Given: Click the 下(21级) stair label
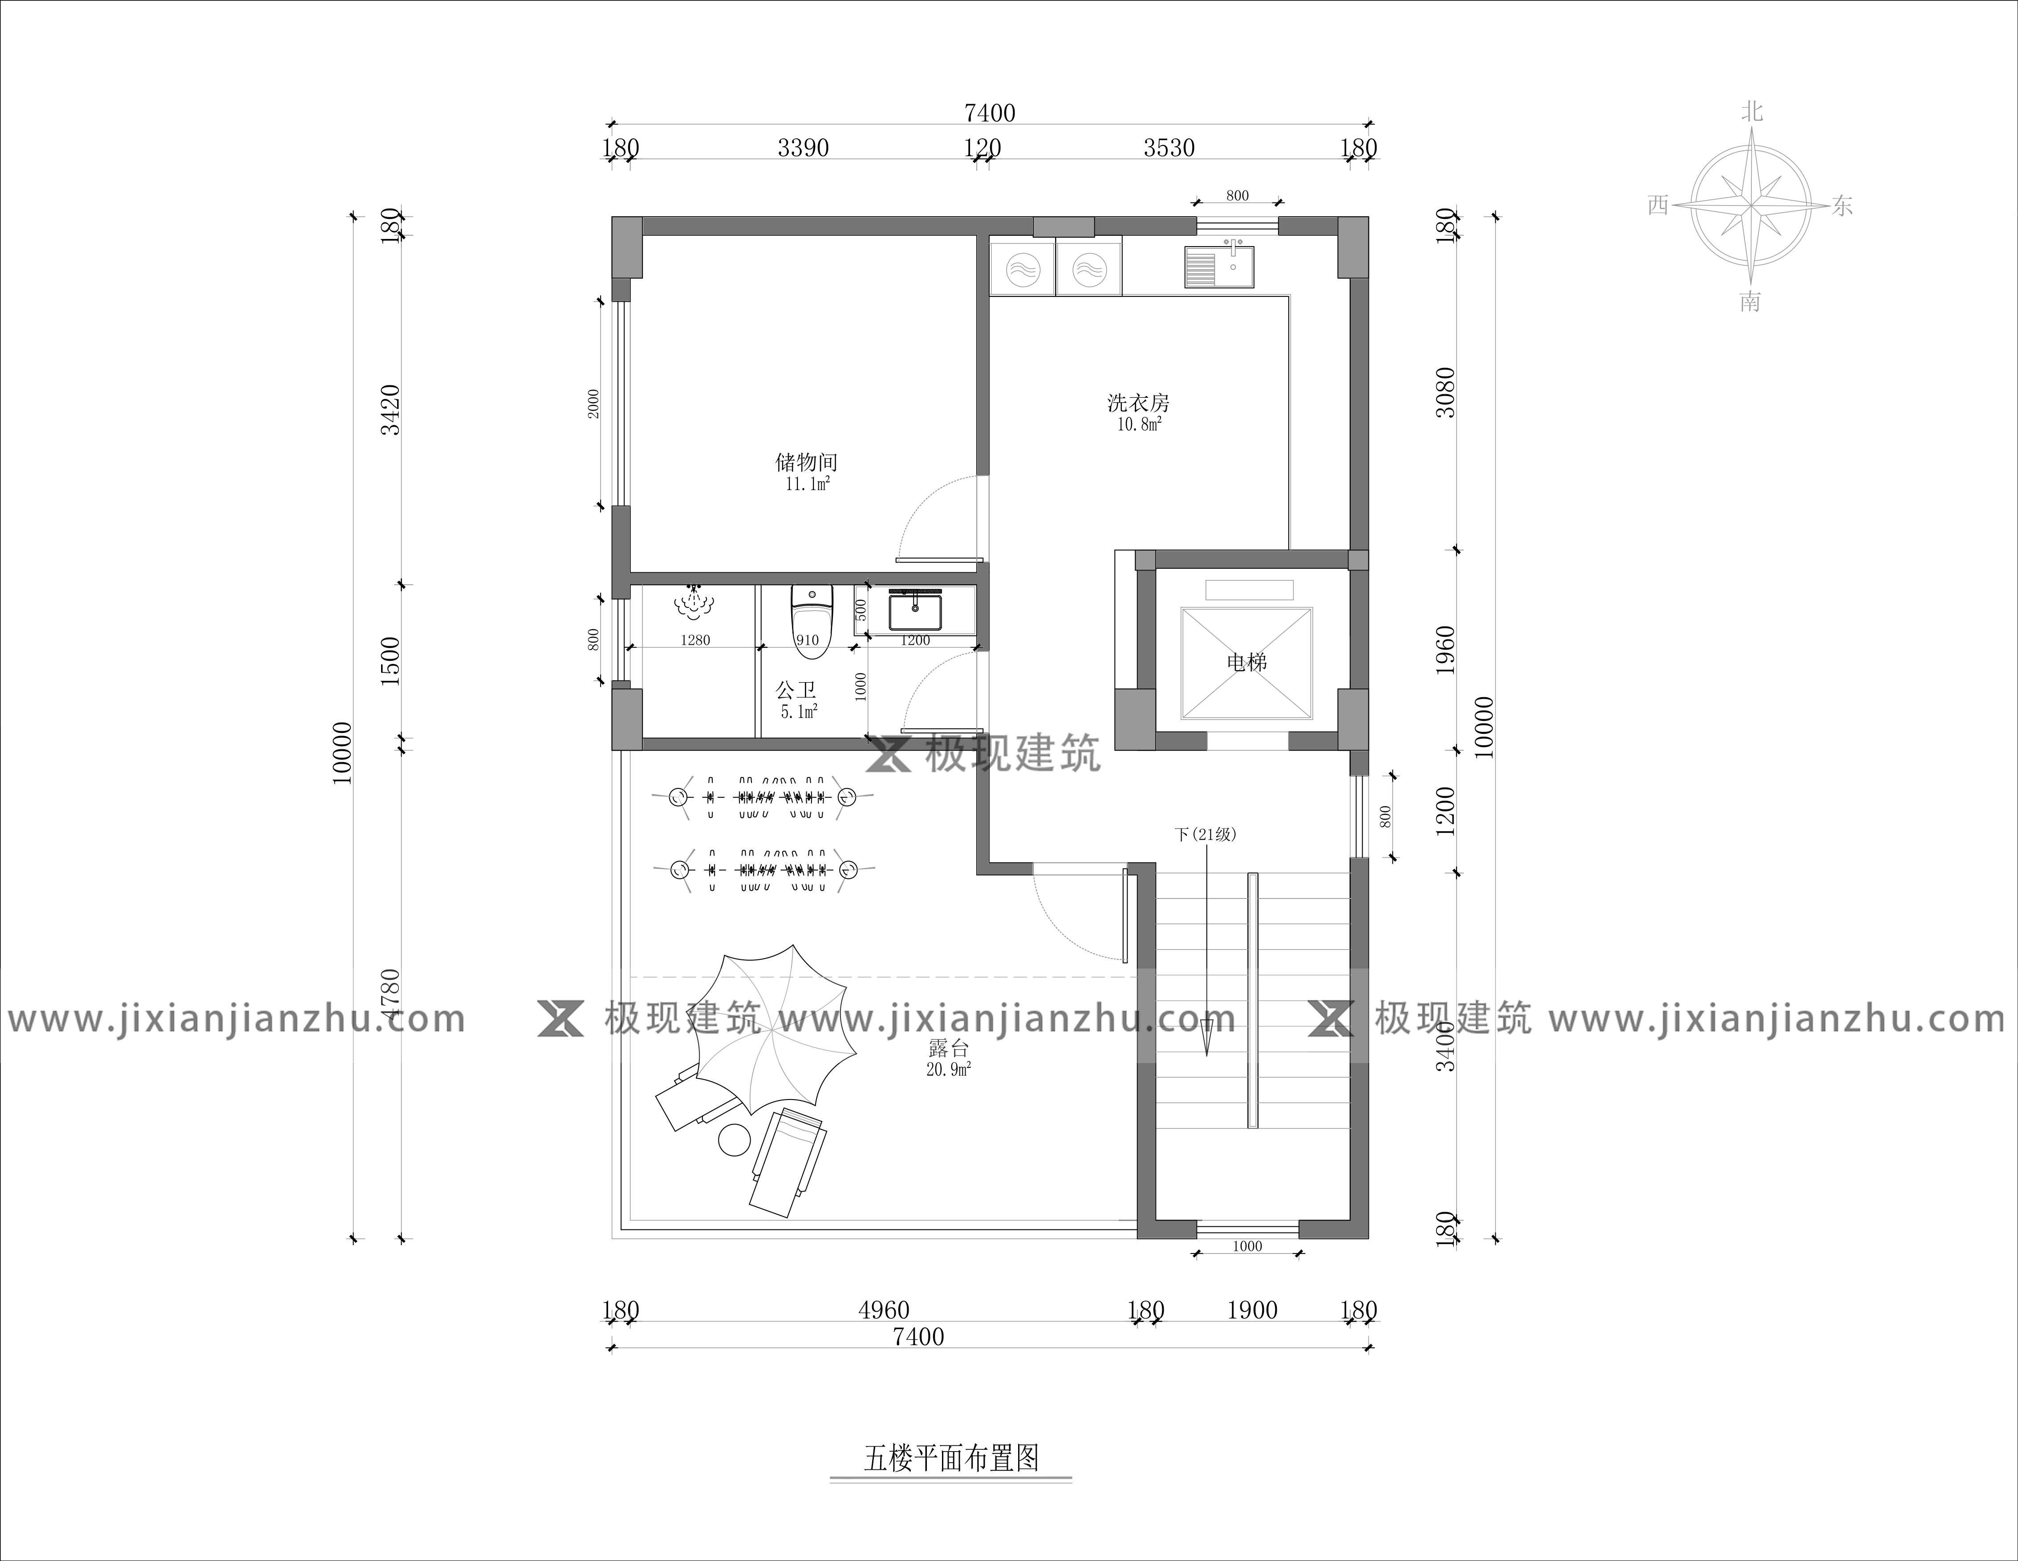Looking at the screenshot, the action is [1205, 834].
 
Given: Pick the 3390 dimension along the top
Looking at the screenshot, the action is [803, 148].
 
